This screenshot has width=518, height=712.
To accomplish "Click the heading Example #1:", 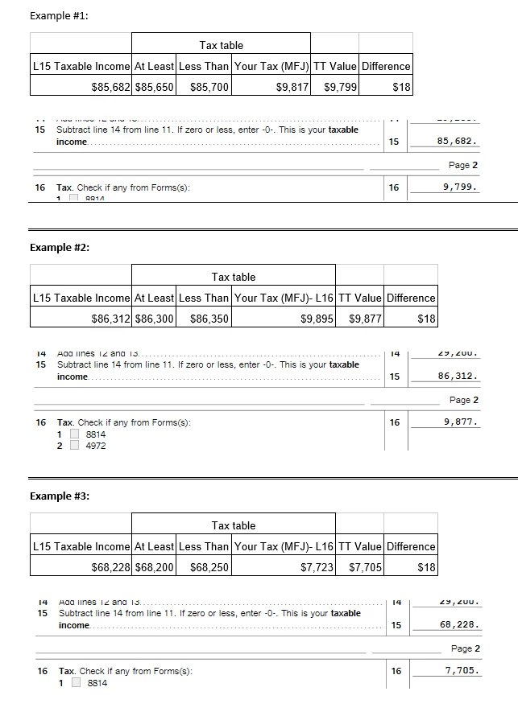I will pyautogui.click(x=59, y=16).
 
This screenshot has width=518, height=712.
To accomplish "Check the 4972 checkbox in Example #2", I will pyautogui.click(x=75, y=446).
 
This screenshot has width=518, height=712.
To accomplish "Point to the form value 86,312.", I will pyautogui.click(x=459, y=376).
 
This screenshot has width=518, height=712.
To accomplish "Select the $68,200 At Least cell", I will pyautogui.click(x=155, y=567).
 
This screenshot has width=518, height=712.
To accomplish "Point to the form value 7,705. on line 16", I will pyautogui.click(x=462, y=670).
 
